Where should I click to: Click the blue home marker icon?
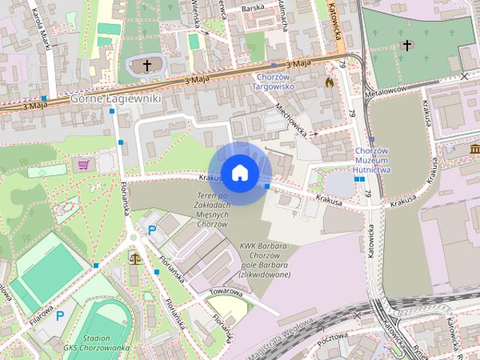click(239, 173)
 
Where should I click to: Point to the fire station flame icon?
click(329, 80)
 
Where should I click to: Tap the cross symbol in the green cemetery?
click(407, 45)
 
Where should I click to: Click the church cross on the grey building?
click(147, 66)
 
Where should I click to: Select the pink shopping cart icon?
click(83, 164)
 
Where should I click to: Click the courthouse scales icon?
click(136, 258)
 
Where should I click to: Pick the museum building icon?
click(475, 150)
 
